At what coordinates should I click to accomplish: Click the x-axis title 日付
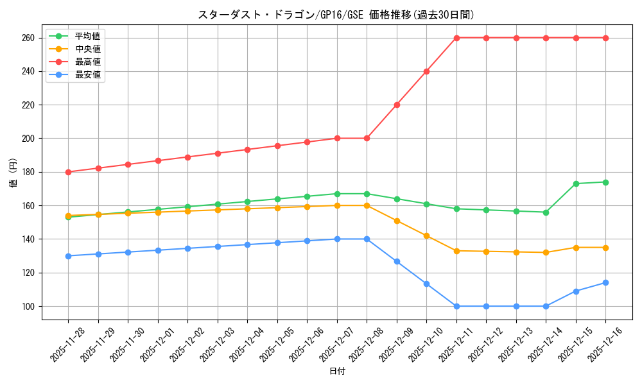[x=336, y=372]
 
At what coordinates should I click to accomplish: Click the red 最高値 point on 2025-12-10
[x=426, y=71]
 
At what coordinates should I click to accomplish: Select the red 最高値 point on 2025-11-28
[x=68, y=172]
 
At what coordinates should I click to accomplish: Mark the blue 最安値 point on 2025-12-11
[x=456, y=306]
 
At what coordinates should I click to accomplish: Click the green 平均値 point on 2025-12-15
[x=576, y=184]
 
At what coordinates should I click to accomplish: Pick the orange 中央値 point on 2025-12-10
[x=426, y=235]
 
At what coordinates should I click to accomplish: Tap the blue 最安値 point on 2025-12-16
[x=605, y=282]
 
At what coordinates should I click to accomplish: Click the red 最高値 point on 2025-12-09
[x=397, y=105]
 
